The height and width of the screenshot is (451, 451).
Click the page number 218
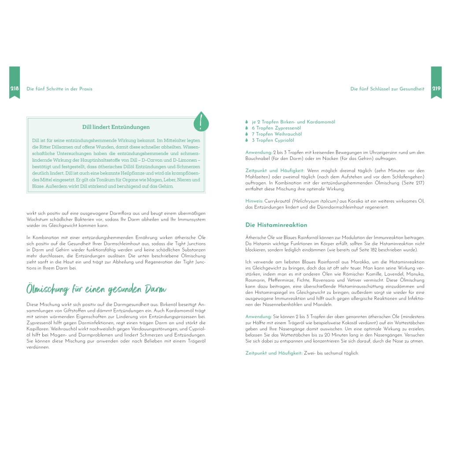[x=15, y=89]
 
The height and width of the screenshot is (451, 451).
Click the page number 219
[x=436, y=89]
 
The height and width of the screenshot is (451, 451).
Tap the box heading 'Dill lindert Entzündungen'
[x=116, y=127]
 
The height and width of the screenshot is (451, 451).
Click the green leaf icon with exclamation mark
[x=201, y=122]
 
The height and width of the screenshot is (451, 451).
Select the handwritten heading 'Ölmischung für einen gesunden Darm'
[x=96, y=289]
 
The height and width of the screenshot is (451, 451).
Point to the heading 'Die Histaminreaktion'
[x=276, y=225]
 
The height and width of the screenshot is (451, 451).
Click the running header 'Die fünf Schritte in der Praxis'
[x=59, y=89]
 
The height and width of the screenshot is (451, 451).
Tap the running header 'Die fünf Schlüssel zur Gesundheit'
[x=387, y=89]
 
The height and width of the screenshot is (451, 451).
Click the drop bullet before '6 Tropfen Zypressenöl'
[x=247, y=128]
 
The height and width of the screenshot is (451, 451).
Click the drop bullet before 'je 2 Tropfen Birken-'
[x=247, y=122]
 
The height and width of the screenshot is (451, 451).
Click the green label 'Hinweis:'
[x=254, y=201]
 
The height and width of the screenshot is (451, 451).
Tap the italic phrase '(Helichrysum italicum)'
[x=314, y=201]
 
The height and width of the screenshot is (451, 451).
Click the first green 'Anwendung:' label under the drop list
[x=259, y=152]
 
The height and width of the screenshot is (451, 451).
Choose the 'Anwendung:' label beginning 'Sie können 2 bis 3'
[x=259, y=316]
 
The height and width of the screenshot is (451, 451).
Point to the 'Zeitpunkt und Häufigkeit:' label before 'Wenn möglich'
[x=275, y=170]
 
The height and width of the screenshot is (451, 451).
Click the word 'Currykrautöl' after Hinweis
[x=277, y=201]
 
